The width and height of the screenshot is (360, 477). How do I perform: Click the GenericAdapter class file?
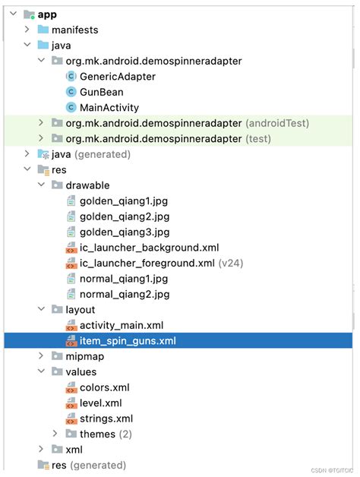[x=118, y=77]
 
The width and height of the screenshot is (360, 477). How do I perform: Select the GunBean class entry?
[x=101, y=92]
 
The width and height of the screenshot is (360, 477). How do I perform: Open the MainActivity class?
[x=109, y=107]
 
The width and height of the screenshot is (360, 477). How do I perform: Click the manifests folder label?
[x=75, y=30]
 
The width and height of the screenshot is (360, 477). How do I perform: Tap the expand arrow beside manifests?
[x=27, y=30]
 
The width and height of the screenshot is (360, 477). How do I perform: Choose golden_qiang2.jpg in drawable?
[x=125, y=216]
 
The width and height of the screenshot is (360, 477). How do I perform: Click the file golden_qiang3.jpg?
[x=125, y=232]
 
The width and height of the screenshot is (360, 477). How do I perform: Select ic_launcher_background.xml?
[x=149, y=248]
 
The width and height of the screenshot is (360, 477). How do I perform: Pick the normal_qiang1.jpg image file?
[x=124, y=279]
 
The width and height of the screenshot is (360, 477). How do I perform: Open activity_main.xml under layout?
[x=122, y=325]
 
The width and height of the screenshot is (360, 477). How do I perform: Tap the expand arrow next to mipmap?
[x=41, y=355]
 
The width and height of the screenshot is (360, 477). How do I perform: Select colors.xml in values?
[x=105, y=387]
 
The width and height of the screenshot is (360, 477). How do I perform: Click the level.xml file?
[x=101, y=403]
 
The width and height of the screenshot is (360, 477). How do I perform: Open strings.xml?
[x=106, y=419]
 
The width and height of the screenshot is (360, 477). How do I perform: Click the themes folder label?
[x=97, y=434]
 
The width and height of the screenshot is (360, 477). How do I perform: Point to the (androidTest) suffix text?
[x=277, y=123]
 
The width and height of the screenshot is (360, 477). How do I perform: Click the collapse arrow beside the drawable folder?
[x=41, y=185]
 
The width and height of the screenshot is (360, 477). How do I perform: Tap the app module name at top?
[x=47, y=14]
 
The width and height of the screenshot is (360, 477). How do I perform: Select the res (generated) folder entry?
[x=89, y=465]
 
